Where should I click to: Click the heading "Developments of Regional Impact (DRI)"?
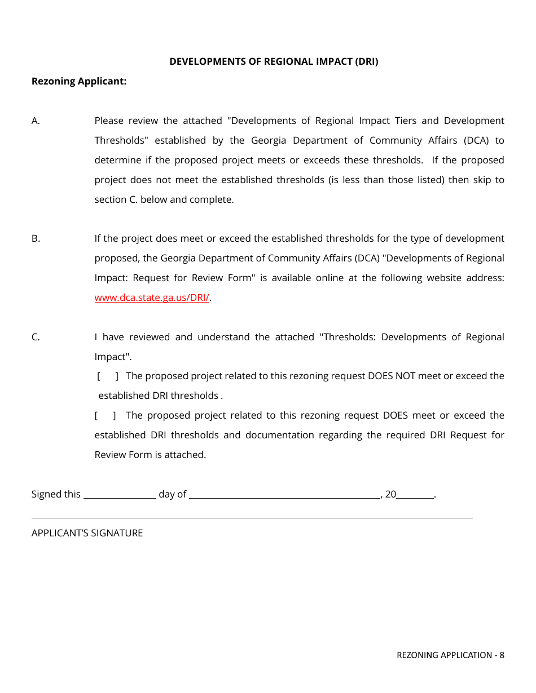pyautogui.click(x=274, y=61)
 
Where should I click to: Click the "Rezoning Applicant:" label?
pyautogui.click(x=79, y=81)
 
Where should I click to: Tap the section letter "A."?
pyautogui.click(x=36, y=121)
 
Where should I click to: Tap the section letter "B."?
pyautogui.click(x=36, y=238)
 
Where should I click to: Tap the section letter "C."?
pyautogui.click(x=36, y=337)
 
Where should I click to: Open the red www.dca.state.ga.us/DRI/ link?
pyautogui.click(x=152, y=297)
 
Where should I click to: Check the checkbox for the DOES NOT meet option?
pyautogui.click(x=108, y=376)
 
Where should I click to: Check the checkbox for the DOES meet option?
pyautogui.click(x=106, y=415)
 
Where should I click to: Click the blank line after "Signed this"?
pyautogui.click(x=120, y=495)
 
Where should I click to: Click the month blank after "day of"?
pyautogui.click(x=285, y=495)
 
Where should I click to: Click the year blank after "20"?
pyautogui.click(x=415, y=495)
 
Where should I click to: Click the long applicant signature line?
pyautogui.click(x=252, y=517)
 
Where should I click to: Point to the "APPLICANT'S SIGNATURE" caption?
pyautogui.click(x=87, y=533)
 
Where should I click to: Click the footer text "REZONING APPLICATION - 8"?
pyautogui.click(x=450, y=655)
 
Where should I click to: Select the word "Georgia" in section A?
pyautogui.click(x=269, y=140)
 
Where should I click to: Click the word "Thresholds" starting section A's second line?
pyautogui.click(x=120, y=140)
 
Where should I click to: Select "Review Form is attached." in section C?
pyautogui.click(x=150, y=455)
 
